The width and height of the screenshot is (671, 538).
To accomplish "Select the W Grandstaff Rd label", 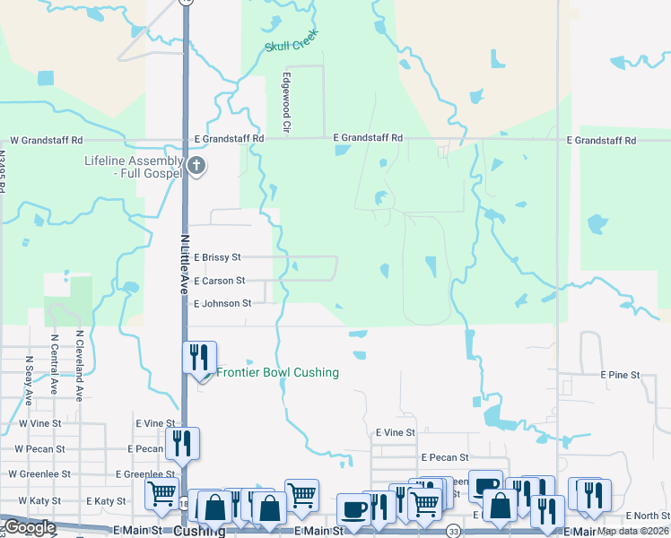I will pyautogui.click(x=46, y=141).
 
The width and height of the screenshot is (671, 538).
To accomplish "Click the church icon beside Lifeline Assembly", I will pyautogui.click(x=197, y=166).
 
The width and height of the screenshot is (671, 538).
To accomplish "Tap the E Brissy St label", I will pyautogui.click(x=217, y=257).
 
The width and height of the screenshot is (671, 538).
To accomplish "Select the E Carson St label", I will pyautogui.click(x=219, y=281).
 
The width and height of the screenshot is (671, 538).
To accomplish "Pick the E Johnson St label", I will pyautogui.click(x=222, y=303).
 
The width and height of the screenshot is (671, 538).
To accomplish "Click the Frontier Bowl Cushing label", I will pyautogui.click(x=277, y=372).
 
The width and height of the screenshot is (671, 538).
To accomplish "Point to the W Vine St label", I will pyautogui.click(x=39, y=422).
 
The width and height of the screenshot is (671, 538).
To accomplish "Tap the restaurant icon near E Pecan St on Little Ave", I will pyautogui.click(x=182, y=442).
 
